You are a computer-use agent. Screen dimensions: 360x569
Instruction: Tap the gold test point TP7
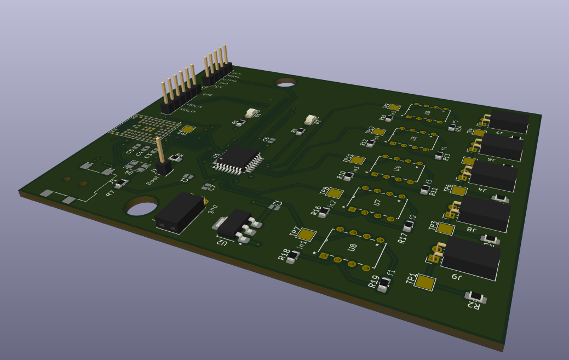click(307, 235)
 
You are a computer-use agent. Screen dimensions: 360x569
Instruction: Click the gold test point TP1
click(425, 282)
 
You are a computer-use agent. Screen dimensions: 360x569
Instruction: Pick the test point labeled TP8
click(335, 193)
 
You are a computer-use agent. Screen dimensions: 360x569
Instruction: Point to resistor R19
click(385, 283)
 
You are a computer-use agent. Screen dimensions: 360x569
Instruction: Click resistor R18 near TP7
click(294, 256)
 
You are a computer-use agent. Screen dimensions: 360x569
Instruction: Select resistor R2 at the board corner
click(476, 297)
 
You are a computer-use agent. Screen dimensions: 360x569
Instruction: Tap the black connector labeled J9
click(470, 258)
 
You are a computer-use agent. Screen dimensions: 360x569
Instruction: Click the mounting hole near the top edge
click(285, 82)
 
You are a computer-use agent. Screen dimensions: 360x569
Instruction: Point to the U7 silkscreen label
click(377, 203)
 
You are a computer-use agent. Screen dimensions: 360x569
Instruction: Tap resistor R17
click(409, 227)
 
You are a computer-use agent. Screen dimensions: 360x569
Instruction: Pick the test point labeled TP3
click(445, 229)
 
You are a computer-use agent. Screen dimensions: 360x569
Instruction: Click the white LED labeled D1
click(251, 113)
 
